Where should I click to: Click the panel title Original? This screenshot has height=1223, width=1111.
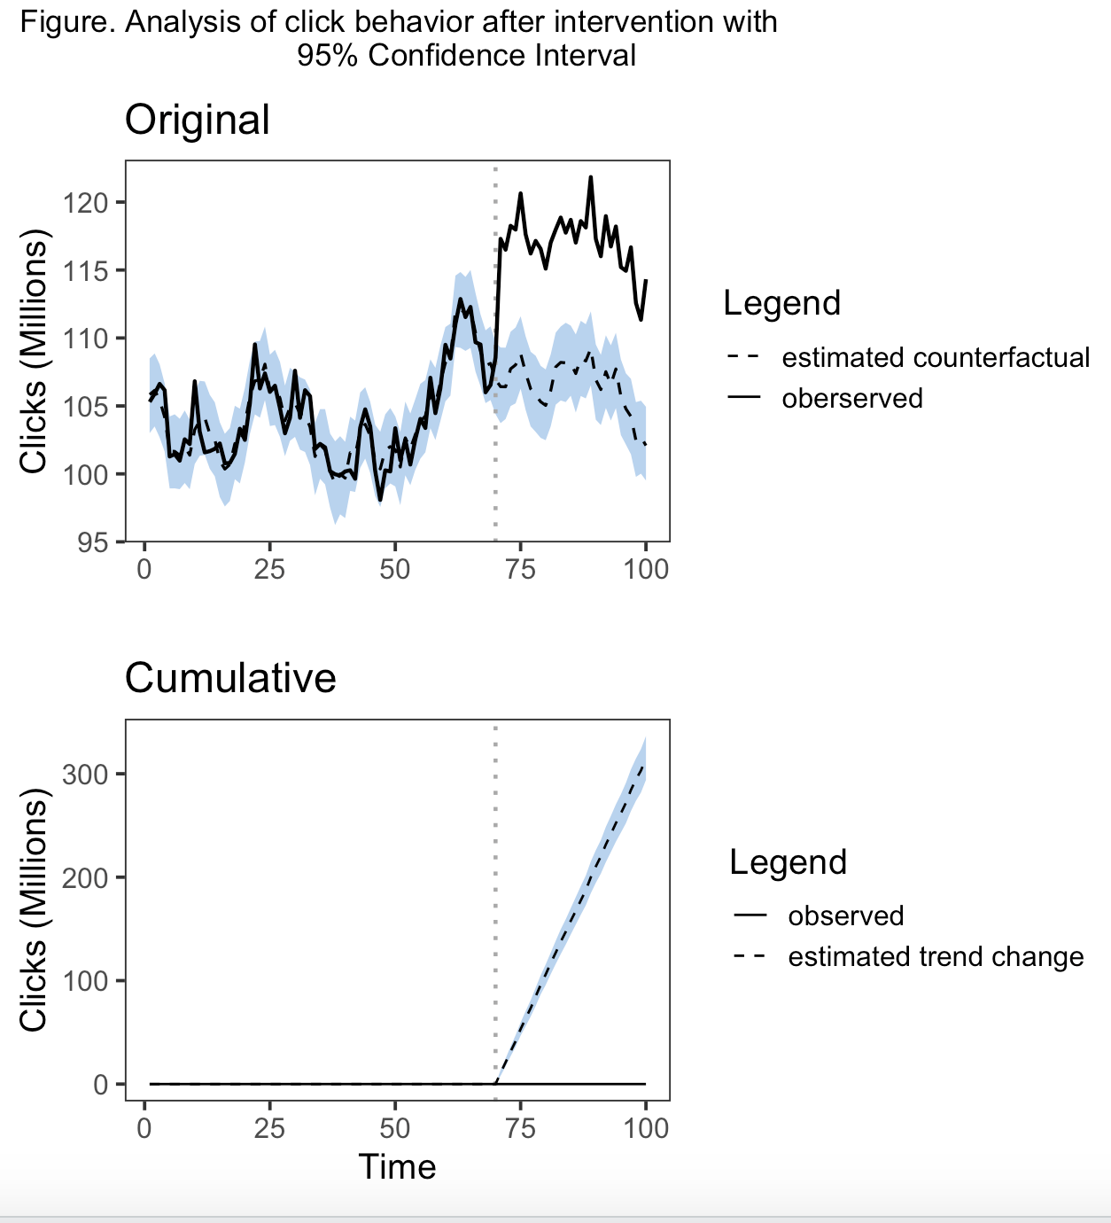coord(197,120)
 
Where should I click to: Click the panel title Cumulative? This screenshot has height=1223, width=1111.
coord(230,678)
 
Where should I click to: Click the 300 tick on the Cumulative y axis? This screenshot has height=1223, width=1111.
coord(85,775)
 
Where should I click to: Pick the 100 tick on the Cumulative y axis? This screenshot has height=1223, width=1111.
coord(85,981)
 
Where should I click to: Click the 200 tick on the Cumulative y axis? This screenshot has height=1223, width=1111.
coord(85,877)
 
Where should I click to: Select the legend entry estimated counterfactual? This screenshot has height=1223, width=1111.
coord(935,357)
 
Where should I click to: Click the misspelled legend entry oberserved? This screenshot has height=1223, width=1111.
coord(851,398)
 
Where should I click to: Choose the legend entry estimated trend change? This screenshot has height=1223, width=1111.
coord(936,956)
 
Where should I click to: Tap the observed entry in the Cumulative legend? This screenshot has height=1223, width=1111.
coord(845,915)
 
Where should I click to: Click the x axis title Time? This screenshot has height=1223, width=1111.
coord(397,1167)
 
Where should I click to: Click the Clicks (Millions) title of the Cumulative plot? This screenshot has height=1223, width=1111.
coord(34,915)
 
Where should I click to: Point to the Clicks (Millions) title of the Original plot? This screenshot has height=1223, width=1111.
coord(34,352)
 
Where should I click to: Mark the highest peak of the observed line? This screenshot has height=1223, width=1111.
coord(590,177)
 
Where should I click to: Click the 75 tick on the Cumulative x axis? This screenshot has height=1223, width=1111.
coord(521,1128)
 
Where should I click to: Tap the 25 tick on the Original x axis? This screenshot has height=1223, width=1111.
coord(269,568)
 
